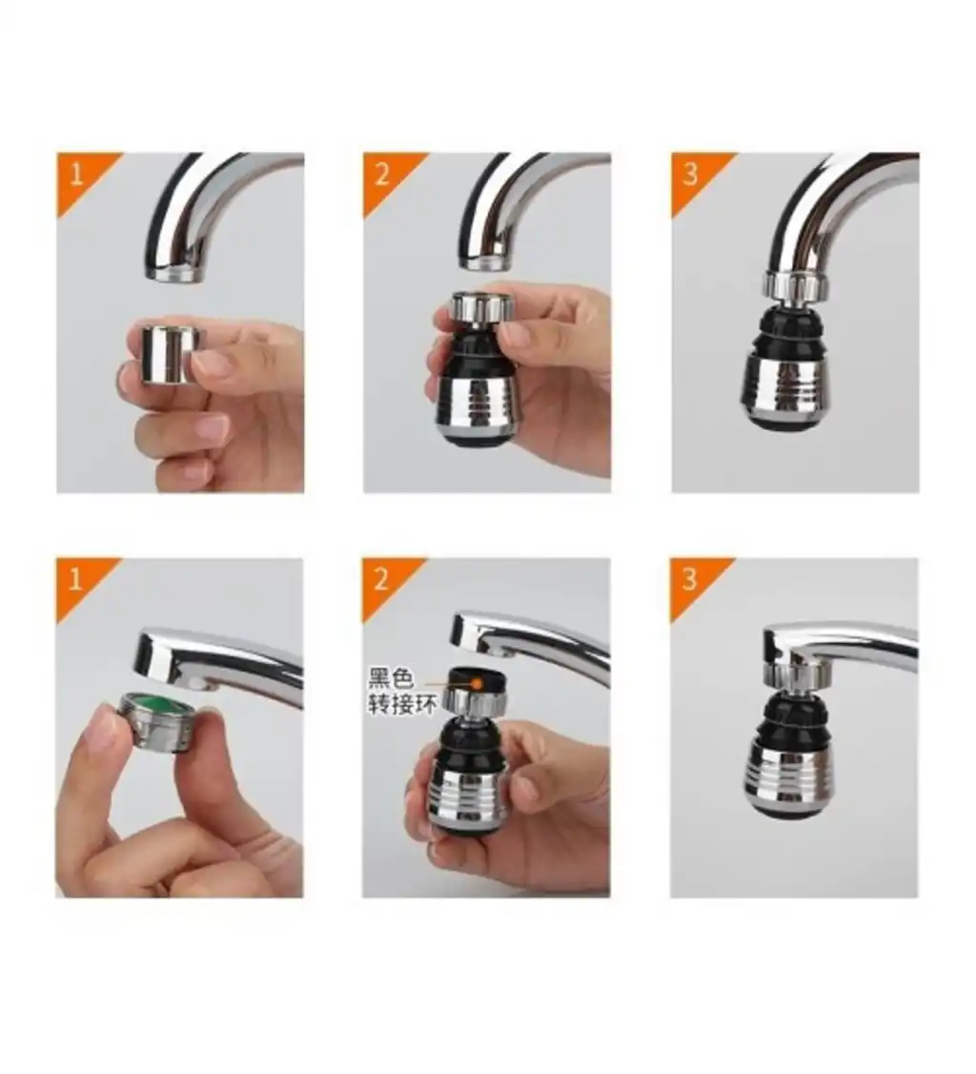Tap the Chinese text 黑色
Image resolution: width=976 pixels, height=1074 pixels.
(391, 679)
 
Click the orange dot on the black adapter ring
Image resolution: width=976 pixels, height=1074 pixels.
(478, 683)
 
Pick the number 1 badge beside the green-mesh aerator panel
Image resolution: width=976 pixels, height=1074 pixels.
(75, 580)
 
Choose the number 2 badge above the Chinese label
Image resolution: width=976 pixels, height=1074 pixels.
(381, 580)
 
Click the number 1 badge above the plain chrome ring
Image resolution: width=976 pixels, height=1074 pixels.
(76, 174)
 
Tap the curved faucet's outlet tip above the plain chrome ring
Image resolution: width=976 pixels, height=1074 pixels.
(175, 274)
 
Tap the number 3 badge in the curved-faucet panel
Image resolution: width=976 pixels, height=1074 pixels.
(691, 174)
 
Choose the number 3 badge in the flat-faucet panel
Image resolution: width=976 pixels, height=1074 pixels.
(689, 580)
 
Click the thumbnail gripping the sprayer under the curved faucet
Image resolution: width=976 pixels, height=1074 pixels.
(518, 335)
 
